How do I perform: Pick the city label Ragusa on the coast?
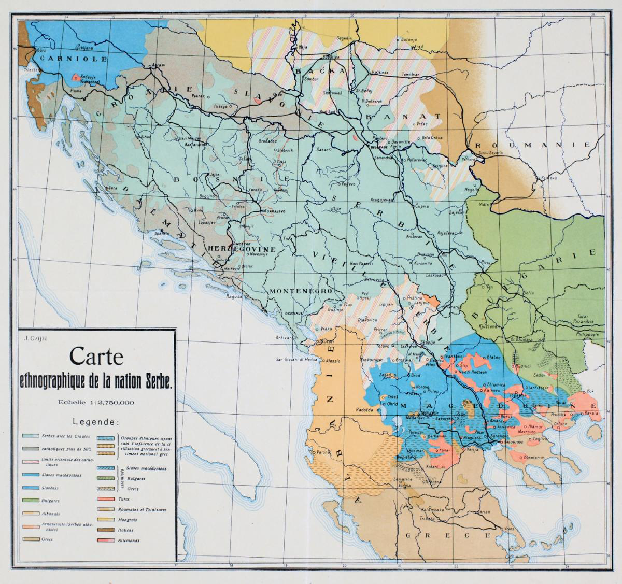pyautogui.click(x=234, y=297)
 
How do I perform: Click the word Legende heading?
pyautogui.click(x=97, y=422)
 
